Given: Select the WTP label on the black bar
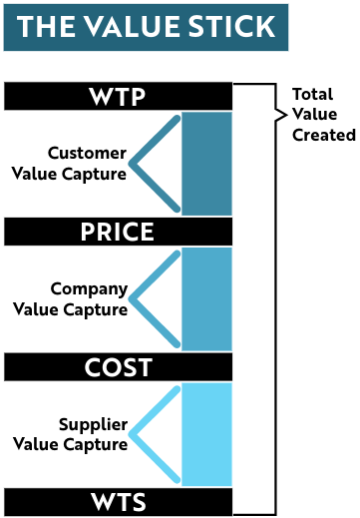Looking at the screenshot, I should pos(118,97).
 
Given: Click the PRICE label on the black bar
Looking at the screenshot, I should pos(118,233).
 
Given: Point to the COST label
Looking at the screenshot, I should pos(118,368).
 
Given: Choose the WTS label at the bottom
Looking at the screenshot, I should pos(118,501).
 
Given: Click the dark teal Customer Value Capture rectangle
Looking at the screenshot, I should pos(206,164).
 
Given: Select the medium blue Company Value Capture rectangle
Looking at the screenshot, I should pos(206,299).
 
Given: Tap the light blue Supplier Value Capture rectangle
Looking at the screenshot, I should pos(206,435).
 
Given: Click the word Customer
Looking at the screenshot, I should pos(88,154).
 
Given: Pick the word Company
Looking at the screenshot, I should pos(90,289).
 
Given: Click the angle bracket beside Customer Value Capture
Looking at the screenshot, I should pos(155,164).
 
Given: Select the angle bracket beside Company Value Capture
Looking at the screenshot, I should pos(155,299).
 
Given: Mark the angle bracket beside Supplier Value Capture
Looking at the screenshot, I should pos(155,435).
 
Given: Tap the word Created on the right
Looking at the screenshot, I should pos(323,135).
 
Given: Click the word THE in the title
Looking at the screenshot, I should pos(46,27).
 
